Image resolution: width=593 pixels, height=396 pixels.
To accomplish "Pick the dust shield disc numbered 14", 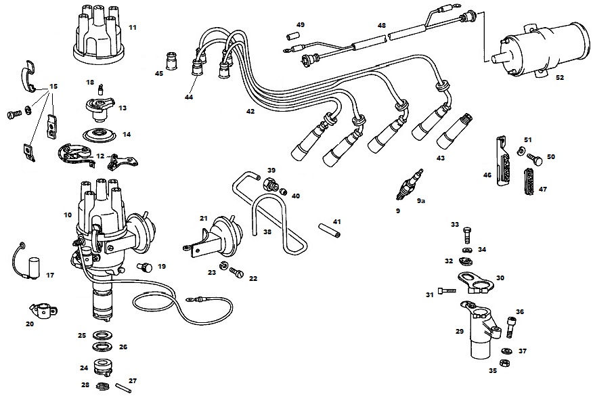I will (x=101, y=134).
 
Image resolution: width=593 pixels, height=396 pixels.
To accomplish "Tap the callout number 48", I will (x=382, y=26).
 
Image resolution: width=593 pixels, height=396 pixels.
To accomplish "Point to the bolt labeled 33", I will (x=466, y=237).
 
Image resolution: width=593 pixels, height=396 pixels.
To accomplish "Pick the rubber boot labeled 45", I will (x=173, y=62).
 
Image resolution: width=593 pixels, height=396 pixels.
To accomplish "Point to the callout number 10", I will (x=67, y=215).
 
